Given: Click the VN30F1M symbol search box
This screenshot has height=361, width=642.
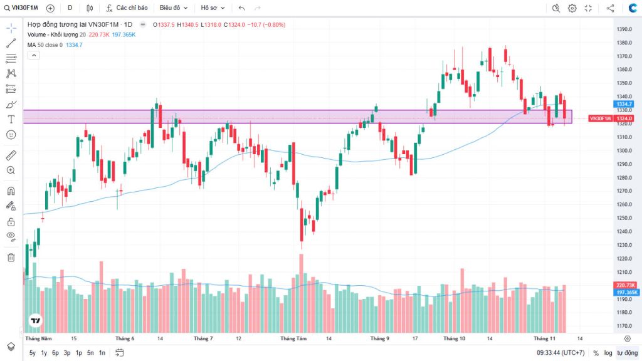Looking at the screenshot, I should click(x=24, y=8).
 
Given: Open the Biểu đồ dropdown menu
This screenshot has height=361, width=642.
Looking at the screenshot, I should click(x=173, y=8).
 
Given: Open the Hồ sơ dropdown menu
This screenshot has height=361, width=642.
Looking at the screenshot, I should click(x=213, y=8).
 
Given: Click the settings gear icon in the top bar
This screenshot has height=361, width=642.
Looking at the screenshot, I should click(x=572, y=8).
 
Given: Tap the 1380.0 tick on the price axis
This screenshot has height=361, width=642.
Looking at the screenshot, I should click(x=623, y=43).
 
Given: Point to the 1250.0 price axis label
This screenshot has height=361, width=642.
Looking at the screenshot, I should click(x=623, y=218).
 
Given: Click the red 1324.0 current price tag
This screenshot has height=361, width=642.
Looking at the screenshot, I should click(x=625, y=118).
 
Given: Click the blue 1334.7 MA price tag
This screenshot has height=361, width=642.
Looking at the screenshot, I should click(x=625, y=103).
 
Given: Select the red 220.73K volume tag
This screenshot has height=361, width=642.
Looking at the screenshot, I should click(x=626, y=285).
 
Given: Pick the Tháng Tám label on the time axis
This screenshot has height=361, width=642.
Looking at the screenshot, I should click(x=293, y=338).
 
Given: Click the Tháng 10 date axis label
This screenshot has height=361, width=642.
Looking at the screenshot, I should click(x=454, y=338).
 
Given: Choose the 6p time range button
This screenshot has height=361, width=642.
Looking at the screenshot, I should click(x=55, y=353).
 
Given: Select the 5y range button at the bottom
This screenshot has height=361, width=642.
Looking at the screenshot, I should click(x=33, y=353).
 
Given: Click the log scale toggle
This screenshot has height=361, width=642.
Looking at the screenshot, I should click(x=608, y=353).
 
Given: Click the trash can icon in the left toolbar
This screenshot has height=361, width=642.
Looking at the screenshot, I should click(x=11, y=257).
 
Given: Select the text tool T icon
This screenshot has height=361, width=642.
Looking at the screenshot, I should click(x=11, y=119).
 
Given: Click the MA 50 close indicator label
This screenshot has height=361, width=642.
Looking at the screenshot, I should click(x=45, y=45).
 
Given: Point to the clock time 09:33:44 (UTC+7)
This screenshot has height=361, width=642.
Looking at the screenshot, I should click(x=556, y=353).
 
